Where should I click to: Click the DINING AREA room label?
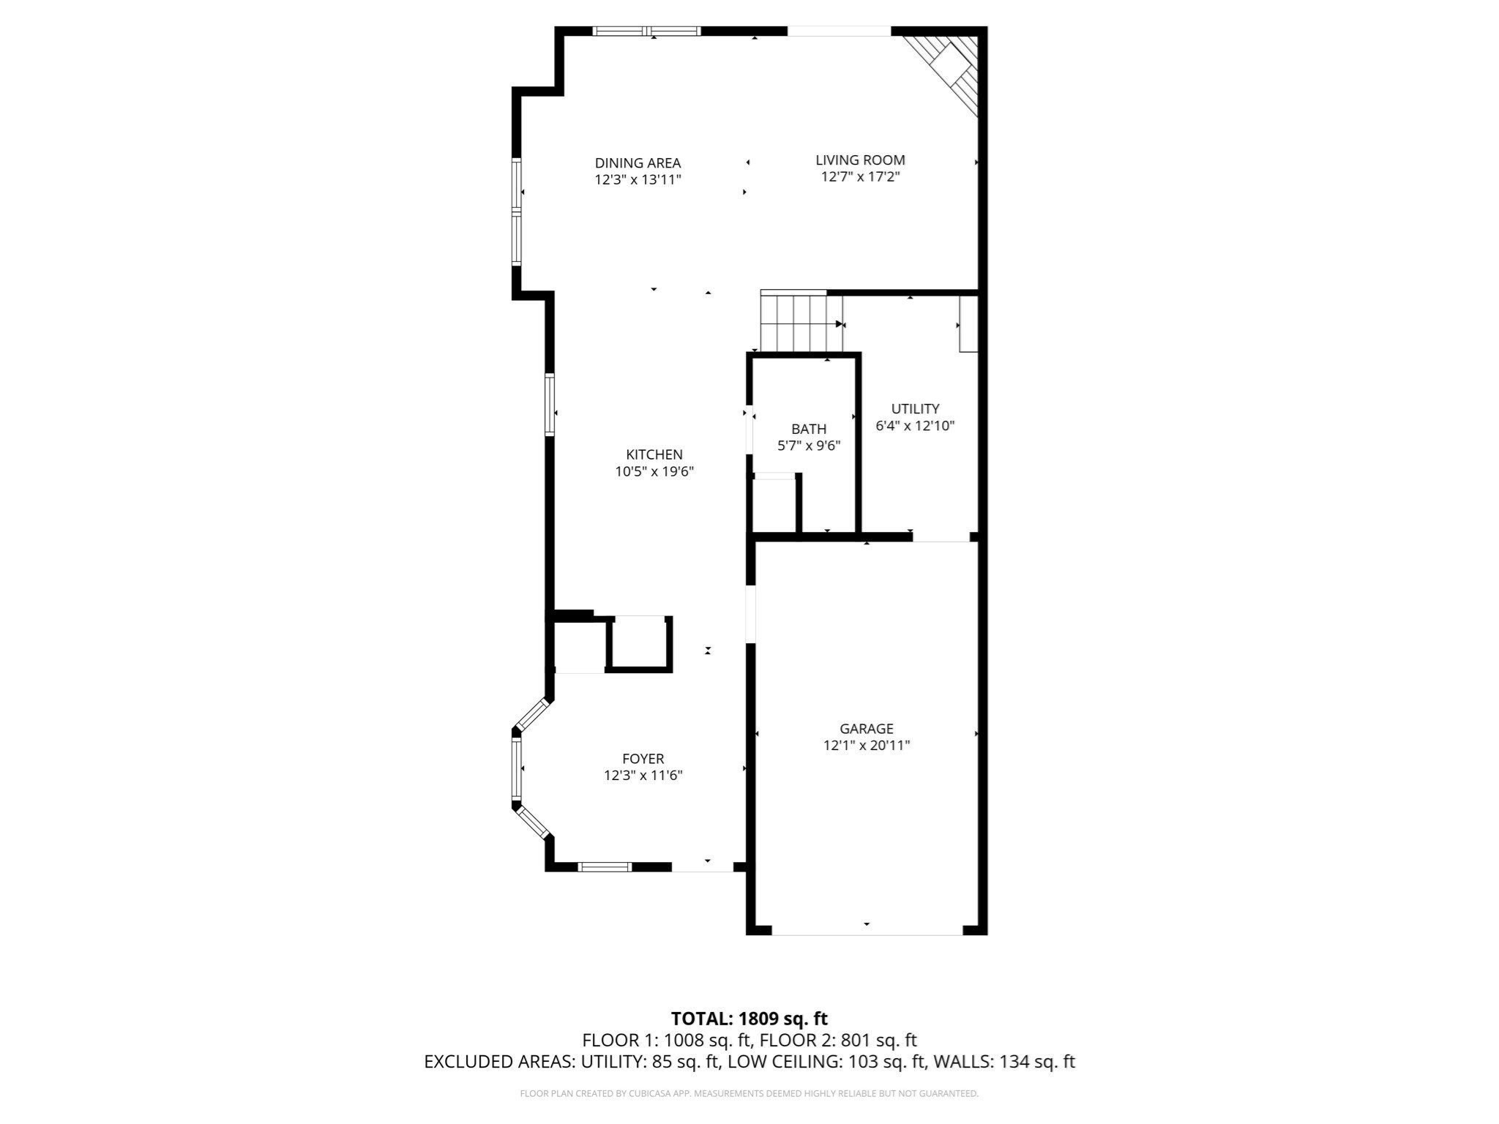638,163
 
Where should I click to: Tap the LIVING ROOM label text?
860,160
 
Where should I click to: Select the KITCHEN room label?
654,454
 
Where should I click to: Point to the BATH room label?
808,429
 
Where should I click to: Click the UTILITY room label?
915,408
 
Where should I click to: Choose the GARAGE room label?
866,728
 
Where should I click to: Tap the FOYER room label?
643,759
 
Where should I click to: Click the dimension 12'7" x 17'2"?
860,177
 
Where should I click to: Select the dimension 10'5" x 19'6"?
654,472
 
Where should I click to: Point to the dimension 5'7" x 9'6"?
808,446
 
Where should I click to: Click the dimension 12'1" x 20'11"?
866,746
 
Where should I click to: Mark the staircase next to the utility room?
798,322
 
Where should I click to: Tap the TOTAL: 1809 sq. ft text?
749,1019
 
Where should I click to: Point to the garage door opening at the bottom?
867,931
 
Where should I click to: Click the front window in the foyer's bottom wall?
605,867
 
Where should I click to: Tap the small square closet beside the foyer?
639,642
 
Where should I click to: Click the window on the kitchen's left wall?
550,405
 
